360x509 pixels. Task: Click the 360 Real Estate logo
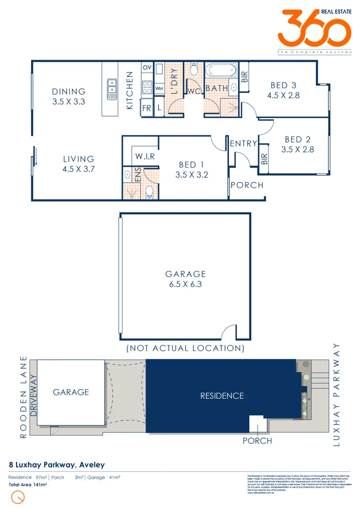click(314, 31)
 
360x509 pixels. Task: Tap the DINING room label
click(69, 91)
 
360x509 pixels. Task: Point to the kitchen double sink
click(112, 89)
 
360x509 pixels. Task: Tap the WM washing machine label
click(159, 88)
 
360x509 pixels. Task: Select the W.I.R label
click(145, 156)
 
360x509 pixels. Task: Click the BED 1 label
click(191, 164)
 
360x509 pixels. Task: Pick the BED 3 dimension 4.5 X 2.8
click(283, 95)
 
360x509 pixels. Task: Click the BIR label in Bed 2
click(264, 159)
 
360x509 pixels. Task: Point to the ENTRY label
click(243, 144)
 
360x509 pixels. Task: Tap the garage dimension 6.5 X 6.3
click(185, 284)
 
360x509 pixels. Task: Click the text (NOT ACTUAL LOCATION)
click(185, 348)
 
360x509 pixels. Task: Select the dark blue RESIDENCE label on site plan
click(222, 396)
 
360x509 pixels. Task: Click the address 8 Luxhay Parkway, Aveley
click(56, 464)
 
